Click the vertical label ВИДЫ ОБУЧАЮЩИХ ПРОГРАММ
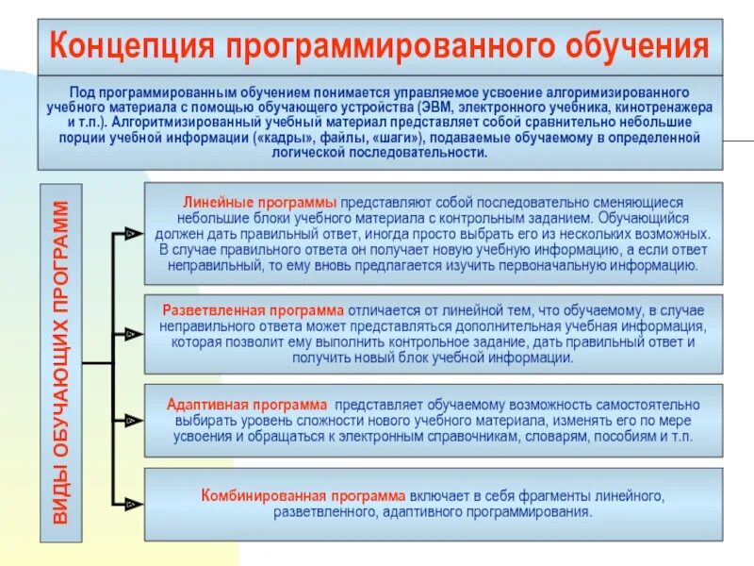coord(61,362)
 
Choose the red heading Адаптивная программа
coord(247,404)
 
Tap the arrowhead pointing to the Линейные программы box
coord(133,232)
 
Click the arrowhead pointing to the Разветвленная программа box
coord(133,333)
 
